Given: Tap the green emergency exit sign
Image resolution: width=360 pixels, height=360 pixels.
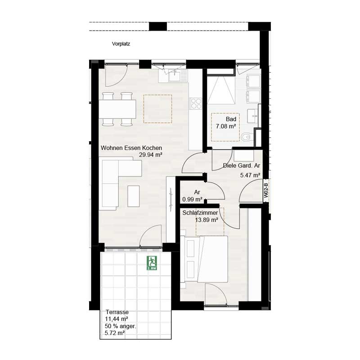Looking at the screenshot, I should pyautogui.click(x=151, y=262).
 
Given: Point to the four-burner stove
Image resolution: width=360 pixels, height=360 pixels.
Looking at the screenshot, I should pyautogui.click(x=196, y=103).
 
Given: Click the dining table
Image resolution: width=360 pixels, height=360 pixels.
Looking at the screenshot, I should pyautogui.click(x=117, y=108).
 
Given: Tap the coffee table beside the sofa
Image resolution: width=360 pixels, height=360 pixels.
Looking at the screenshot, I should pyautogui.click(x=134, y=196).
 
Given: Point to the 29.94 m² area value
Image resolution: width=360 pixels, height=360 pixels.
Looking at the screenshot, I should pyautogui.click(x=151, y=154).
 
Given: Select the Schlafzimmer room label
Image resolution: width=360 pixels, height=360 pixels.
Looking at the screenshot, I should pyautogui.click(x=201, y=212).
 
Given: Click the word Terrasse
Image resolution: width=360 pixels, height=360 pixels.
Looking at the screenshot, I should pyautogui.click(x=117, y=312).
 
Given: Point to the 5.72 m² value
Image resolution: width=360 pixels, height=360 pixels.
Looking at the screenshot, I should pyautogui.click(x=114, y=333).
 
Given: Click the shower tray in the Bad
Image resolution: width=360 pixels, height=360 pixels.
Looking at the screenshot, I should pyautogui.click(x=220, y=90).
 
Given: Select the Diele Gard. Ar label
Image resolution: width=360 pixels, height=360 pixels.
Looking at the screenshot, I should pyautogui.click(x=242, y=166).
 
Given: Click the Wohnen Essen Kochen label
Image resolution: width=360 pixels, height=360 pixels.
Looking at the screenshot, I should pyautogui.click(x=131, y=148).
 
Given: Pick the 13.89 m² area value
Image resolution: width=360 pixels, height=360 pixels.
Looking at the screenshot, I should pyautogui.click(x=207, y=220).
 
